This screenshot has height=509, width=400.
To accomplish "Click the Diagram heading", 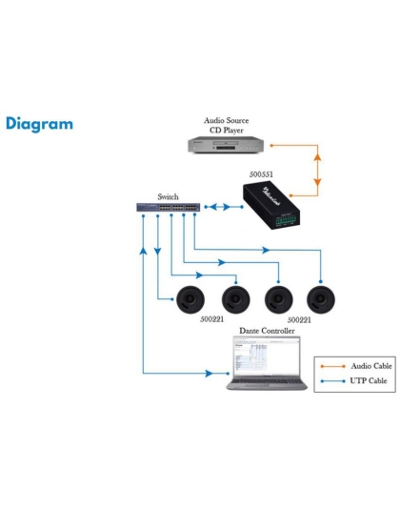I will pyautogui.click(x=39, y=125).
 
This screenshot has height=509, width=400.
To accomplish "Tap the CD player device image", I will pyautogui.click(x=225, y=145).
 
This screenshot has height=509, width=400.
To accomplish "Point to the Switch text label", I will pyautogui.click(x=169, y=196).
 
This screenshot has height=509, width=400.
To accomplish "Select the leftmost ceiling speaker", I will pyautogui.click(x=187, y=298).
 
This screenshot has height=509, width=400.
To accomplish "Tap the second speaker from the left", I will pyautogui.click(x=233, y=298).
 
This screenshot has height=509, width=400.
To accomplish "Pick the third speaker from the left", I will pyautogui.click(x=277, y=298).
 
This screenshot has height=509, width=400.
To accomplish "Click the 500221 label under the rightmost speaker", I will pyautogui.click(x=299, y=321).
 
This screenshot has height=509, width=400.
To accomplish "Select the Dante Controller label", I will pyautogui.click(x=266, y=330).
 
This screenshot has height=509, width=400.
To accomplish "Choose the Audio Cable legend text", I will pyautogui.click(x=369, y=365).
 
